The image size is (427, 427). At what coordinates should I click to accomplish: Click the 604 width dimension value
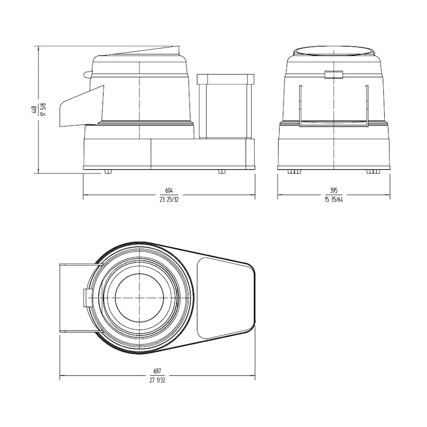[x=169, y=191]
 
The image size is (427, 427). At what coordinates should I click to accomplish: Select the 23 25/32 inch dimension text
[x=169, y=201]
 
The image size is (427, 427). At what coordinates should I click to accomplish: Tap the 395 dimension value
[x=334, y=191]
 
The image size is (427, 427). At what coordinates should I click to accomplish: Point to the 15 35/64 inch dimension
[x=334, y=201]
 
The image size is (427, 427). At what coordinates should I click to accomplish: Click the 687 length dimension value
[x=157, y=371]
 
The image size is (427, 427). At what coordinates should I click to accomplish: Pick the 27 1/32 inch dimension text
[x=157, y=381]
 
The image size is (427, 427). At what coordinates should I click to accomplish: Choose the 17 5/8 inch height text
[x=43, y=109]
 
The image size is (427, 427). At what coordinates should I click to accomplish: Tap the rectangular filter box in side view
[x=225, y=107]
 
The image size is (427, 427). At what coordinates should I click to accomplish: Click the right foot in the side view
[x=222, y=171]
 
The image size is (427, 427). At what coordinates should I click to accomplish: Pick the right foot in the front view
[x=373, y=171]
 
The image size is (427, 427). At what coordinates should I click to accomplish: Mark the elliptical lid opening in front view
[x=334, y=52]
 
